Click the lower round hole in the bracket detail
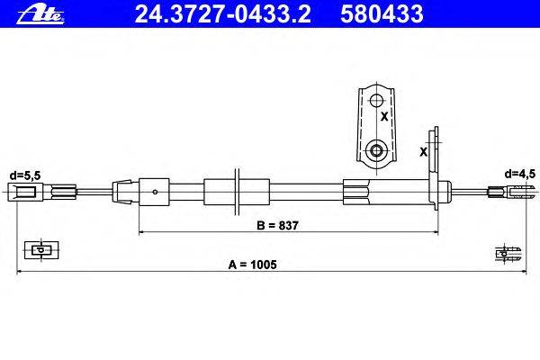click(376, 148)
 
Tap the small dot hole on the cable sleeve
click(157, 191)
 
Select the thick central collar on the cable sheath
click(219, 191)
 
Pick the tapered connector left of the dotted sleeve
click(124, 191)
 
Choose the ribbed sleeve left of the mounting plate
click(356, 191)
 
